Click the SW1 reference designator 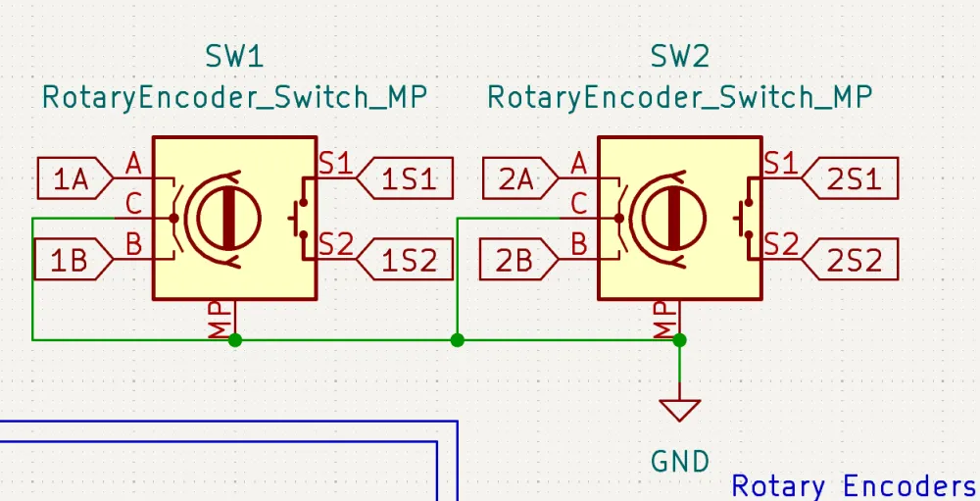tap(234, 56)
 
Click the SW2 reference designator tap(679, 56)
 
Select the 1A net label tap(71, 178)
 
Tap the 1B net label tap(71, 261)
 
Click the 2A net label tap(516, 178)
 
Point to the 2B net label tap(516, 261)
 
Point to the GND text tap(680, 460)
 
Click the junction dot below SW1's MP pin tap(235, 340)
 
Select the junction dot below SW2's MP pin tap(680, 340)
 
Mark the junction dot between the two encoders tap(457, 340)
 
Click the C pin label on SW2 tap(579, 204)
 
